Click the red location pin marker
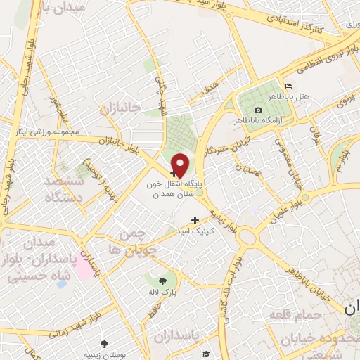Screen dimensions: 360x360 (181, 165)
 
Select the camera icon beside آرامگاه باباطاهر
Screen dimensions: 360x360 (258, 110)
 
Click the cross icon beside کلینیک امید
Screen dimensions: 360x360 (195, 220)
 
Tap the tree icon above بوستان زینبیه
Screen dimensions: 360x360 (105, 344)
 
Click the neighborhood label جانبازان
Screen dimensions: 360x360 (121, 108)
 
